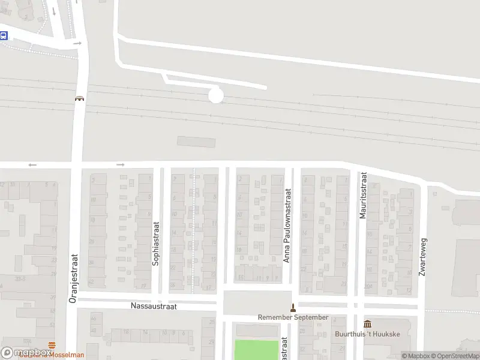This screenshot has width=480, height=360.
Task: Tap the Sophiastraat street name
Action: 157,244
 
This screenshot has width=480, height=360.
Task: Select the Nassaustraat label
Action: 154,306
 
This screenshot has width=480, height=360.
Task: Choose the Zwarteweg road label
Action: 424,256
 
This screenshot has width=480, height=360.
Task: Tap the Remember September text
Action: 293,317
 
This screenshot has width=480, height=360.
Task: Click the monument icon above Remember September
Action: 293,308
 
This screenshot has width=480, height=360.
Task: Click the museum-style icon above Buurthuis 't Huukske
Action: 367,324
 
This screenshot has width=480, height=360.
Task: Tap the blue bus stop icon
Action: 4,35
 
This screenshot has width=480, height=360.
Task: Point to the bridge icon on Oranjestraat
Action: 79,99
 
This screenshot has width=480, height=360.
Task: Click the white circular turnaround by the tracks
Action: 215,95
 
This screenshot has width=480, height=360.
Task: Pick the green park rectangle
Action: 256,350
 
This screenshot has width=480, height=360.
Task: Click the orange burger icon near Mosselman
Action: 53,345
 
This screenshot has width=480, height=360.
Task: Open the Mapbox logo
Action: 26,353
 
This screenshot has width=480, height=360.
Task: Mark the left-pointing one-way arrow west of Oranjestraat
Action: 32,165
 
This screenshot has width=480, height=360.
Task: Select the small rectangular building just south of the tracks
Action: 196,142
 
